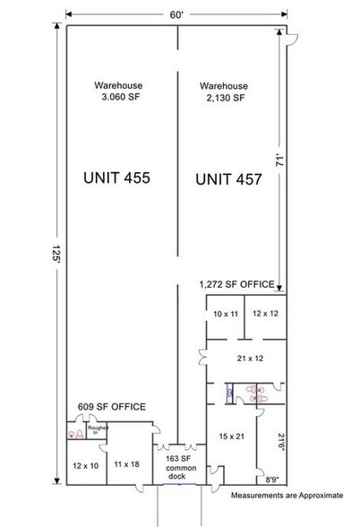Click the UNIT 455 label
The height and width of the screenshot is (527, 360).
point(116,177)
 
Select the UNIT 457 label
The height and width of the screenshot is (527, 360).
point(228,179)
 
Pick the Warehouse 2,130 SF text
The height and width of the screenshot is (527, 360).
point(224,92)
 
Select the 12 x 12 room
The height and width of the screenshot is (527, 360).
point(266,315)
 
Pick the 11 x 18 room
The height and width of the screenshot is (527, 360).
point(127,464)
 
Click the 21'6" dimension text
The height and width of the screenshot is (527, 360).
point(280,439)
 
